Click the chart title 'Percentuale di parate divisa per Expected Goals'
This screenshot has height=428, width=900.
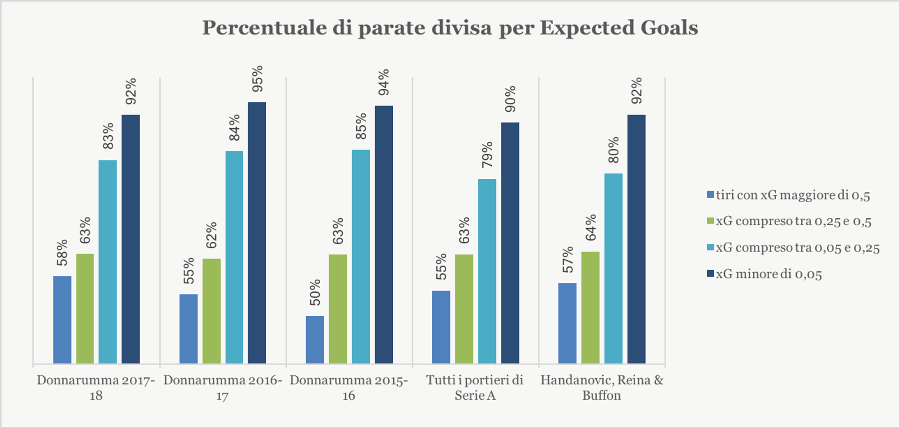click(450, 28)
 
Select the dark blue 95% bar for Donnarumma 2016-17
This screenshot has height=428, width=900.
click(257, 233)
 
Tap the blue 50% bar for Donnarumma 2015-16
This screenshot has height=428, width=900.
click(315, 340)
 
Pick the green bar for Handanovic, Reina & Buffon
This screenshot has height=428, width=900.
click(590, 307)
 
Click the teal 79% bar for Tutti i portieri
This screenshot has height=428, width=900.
click(487, 271)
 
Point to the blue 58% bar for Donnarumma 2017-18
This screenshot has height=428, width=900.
click(62, 320)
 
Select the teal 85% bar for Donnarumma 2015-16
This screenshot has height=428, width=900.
click(361, 257)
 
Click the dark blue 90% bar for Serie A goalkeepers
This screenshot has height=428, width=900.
click(510, 243)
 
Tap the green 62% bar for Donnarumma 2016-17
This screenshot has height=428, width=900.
click(211, 311)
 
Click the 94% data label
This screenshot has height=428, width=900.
click(384, 83)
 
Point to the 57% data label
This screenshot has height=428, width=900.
click(568, 260)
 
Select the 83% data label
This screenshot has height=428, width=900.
click(108, 136)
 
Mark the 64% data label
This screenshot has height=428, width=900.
click(591, 228)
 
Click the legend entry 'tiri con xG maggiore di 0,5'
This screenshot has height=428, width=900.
click(793, 195)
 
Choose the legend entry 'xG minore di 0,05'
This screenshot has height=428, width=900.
click(769, 274)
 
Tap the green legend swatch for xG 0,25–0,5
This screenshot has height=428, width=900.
click(711, 221)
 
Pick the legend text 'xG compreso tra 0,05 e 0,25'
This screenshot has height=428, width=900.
click(797, 247)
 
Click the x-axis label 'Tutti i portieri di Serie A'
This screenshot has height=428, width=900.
click(475, 388)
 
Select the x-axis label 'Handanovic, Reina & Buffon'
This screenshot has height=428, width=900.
click(602, 388)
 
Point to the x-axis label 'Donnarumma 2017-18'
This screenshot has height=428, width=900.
click(96, 388)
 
